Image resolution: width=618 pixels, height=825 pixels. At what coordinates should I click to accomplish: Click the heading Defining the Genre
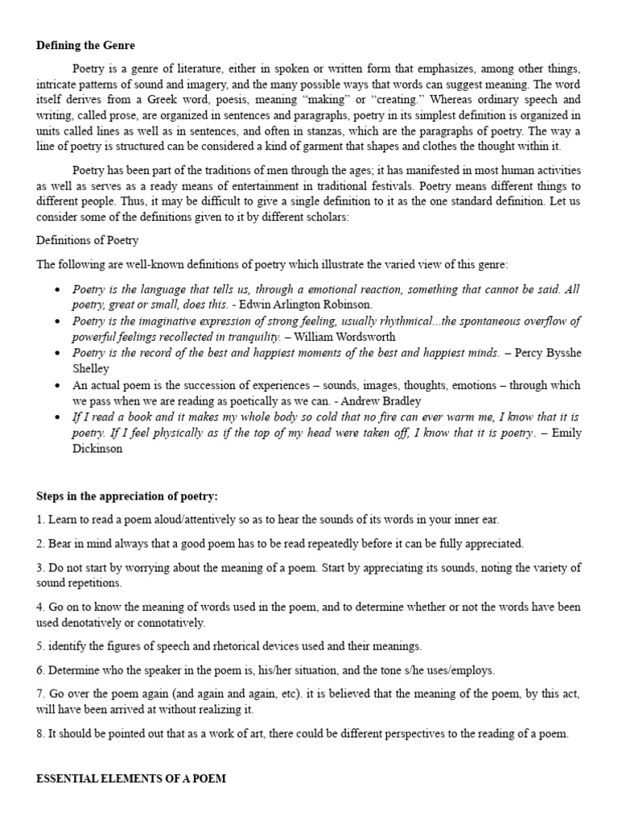85,45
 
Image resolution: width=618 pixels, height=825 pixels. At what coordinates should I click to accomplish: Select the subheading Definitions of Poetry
88,240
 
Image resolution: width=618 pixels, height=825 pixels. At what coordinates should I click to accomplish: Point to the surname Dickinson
97,450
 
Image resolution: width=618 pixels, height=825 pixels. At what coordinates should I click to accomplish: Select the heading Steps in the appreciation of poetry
126,495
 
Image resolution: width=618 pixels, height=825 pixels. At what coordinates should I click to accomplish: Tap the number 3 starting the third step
39,568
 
